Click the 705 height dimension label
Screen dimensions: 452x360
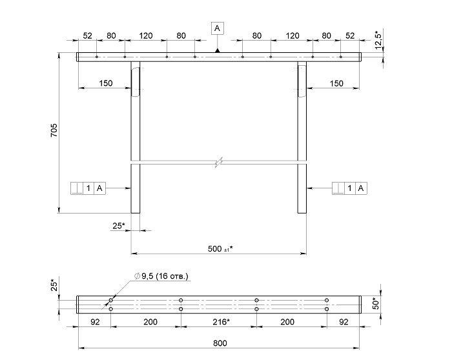(54, 130)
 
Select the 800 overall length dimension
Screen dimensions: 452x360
(220, 343)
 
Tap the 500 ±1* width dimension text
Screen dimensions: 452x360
(220, 248)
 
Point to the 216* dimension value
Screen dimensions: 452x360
(221, 322)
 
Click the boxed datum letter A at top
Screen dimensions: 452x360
(218, 28)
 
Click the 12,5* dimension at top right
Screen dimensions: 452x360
(378, 39)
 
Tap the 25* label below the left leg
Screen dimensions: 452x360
(119, 226)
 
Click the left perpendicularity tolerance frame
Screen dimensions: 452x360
(88, 188)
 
